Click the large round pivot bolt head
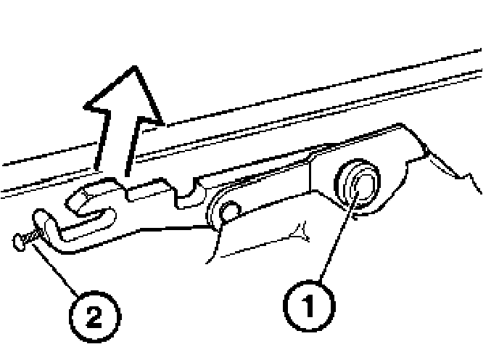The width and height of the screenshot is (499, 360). point(357,185)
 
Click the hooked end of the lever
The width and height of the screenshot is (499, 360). point(45,218)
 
